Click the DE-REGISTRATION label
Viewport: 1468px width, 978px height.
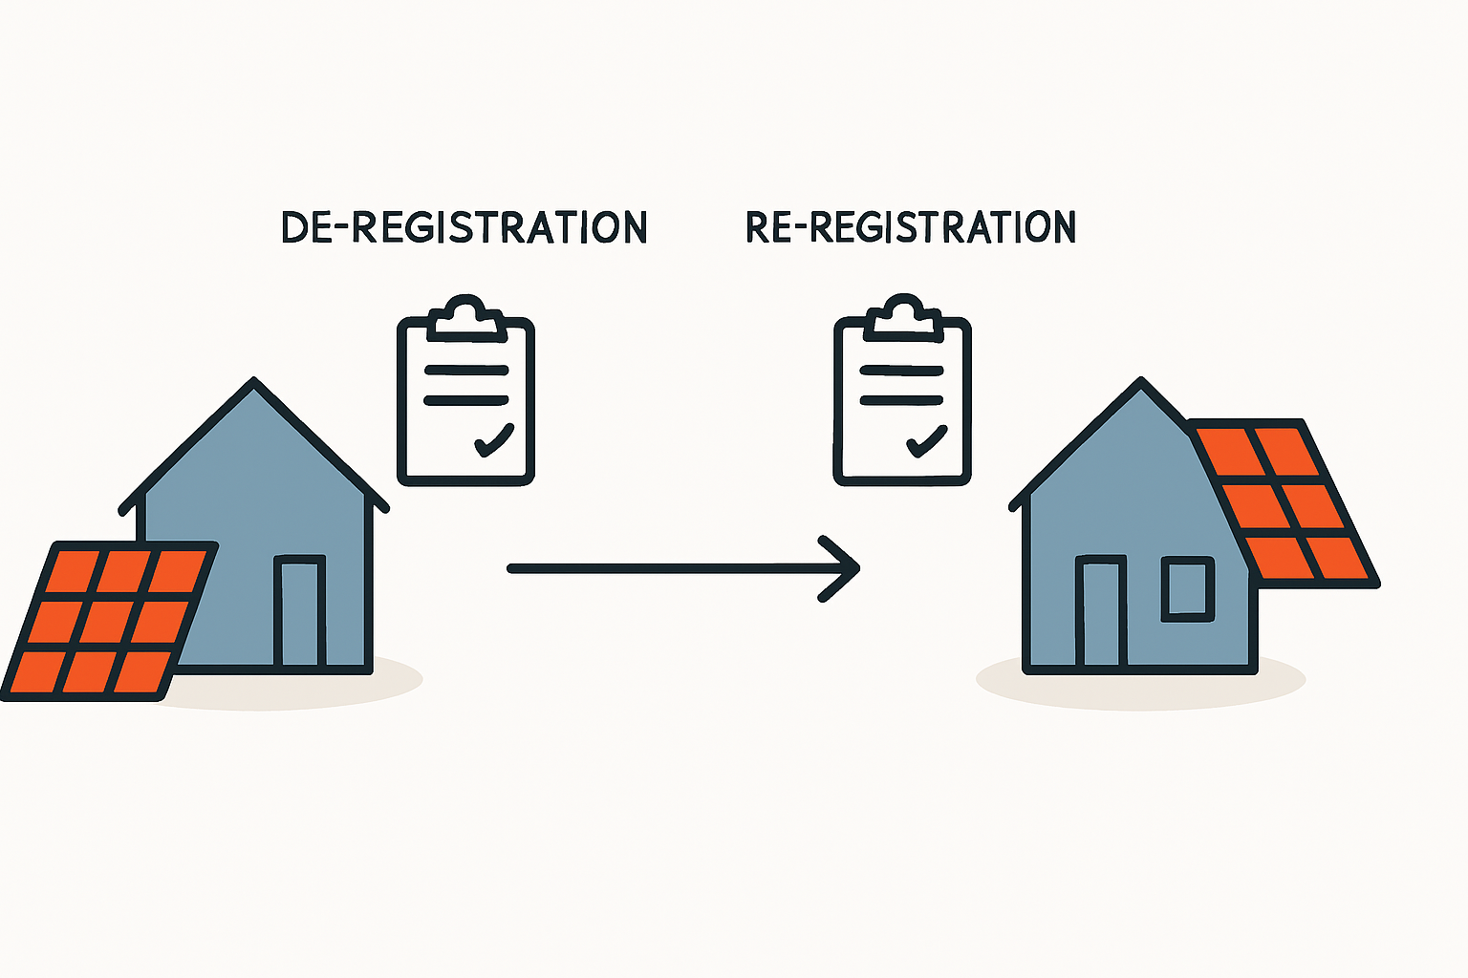(x=464, y=227)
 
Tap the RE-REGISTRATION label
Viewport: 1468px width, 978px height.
(x=911, y=227)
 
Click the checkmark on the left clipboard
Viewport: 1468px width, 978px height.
(x=494, y=440)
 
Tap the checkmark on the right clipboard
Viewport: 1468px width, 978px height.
(x=926, y=440)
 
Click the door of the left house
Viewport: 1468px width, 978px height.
(x=300, y=611)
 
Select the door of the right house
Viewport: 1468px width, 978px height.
(x=1100, y=611)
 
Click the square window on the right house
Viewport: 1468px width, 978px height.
(x=1187, y=589)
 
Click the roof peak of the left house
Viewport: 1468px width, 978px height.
(x=254, y=384)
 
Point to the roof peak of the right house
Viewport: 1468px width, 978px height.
(x=1140, y=384)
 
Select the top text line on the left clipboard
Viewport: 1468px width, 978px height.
(x=465, y=370)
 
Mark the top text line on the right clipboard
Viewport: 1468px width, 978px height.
(x=902, y=370)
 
